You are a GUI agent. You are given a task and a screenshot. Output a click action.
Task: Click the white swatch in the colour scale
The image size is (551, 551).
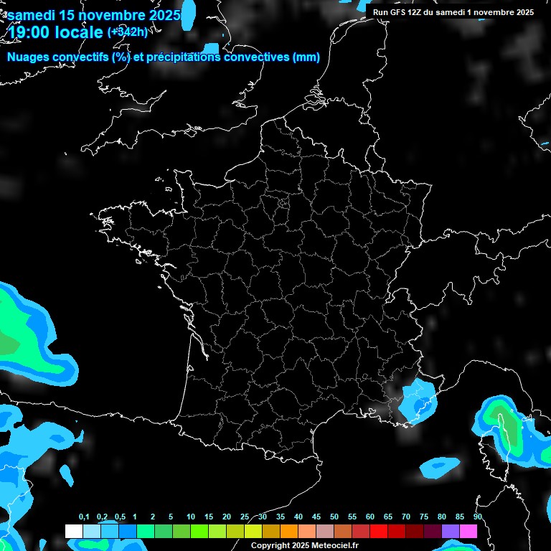pos(73,531)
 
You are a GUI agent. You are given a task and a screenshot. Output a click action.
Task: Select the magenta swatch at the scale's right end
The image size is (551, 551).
pos(469,531)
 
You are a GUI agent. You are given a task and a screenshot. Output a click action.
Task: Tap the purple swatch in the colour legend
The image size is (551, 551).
pos(451,531)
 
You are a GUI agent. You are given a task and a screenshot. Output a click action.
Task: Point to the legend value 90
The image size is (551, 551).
pos(477,517)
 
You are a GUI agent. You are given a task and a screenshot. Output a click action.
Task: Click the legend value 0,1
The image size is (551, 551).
pos(84,517)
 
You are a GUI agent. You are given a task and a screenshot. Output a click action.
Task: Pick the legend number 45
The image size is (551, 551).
pos(316,517)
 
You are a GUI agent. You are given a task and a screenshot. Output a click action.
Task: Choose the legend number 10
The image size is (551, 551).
pos(191,517)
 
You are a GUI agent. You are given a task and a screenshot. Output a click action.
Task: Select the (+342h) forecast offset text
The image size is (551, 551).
pos(128,32)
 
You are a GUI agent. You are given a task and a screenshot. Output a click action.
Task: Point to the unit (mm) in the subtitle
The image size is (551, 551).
pos(306,57)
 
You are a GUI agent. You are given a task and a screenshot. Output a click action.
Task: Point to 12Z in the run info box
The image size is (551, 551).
pos(415,11)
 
